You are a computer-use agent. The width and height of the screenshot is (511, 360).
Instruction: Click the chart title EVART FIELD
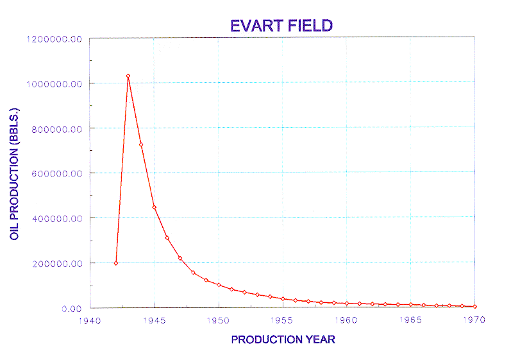point(281,26)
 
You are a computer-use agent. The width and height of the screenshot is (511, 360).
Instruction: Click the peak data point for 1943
point(128,76)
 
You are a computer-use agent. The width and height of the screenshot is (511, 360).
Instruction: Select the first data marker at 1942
point(115,263)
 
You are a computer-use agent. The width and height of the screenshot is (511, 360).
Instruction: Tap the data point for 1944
point(141,144)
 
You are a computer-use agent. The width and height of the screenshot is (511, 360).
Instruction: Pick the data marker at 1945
point(154,207)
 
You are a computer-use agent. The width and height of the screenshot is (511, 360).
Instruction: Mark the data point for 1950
point(219,285)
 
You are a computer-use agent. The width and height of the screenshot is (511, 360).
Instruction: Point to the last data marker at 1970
point(475,307)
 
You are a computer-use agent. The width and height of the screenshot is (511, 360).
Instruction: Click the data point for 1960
point(347,304)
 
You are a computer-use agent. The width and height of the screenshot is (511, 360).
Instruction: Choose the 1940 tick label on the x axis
point(90,321)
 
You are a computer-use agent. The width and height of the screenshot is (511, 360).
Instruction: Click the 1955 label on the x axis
point(282,320)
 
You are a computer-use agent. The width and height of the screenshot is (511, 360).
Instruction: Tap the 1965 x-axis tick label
point(410,320)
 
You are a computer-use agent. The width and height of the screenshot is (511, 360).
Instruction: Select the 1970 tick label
point(474,320)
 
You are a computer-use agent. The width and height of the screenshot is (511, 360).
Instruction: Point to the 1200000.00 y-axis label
point(54,39)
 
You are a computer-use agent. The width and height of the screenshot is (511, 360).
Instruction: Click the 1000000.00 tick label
point(54,84)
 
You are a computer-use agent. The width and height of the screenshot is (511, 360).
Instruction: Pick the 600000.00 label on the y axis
point(56,174)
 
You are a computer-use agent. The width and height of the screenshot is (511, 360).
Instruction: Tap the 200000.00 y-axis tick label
point(57,264)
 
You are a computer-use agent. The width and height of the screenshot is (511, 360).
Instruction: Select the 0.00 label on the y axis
point(72,309)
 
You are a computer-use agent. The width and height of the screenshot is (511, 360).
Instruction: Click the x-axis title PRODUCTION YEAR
point(283,339)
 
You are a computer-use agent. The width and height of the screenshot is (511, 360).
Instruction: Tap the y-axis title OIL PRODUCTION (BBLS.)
point(14,174)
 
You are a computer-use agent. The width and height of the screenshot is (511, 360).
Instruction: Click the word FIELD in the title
point(310,26)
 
